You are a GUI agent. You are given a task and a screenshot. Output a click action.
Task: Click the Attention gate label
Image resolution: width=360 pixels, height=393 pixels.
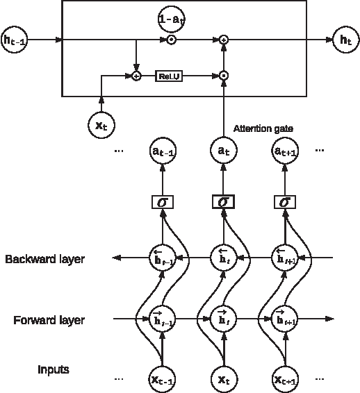[262, 128]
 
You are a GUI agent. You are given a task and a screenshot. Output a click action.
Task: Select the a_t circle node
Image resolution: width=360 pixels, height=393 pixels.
[223, 149]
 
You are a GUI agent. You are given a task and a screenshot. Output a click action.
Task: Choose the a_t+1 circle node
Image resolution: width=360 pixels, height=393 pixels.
[284, 149]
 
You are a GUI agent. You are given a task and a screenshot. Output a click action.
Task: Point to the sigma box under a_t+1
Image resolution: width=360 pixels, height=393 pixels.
[284, 202]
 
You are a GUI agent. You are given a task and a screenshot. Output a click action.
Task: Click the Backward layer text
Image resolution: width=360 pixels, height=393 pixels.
[44, 260]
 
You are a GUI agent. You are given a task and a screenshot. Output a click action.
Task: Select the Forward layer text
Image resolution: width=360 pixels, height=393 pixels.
[49, 320]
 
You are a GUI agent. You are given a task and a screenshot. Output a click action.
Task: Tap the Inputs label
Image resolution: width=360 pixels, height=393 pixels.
[53, 369]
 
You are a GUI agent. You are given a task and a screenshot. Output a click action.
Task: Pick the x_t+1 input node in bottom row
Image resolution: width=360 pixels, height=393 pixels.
[284, 378]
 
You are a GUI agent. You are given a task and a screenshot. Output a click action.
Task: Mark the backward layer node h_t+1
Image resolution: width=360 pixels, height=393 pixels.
[284, 258]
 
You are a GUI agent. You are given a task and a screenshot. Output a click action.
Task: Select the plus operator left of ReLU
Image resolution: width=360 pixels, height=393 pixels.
[136, 75]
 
